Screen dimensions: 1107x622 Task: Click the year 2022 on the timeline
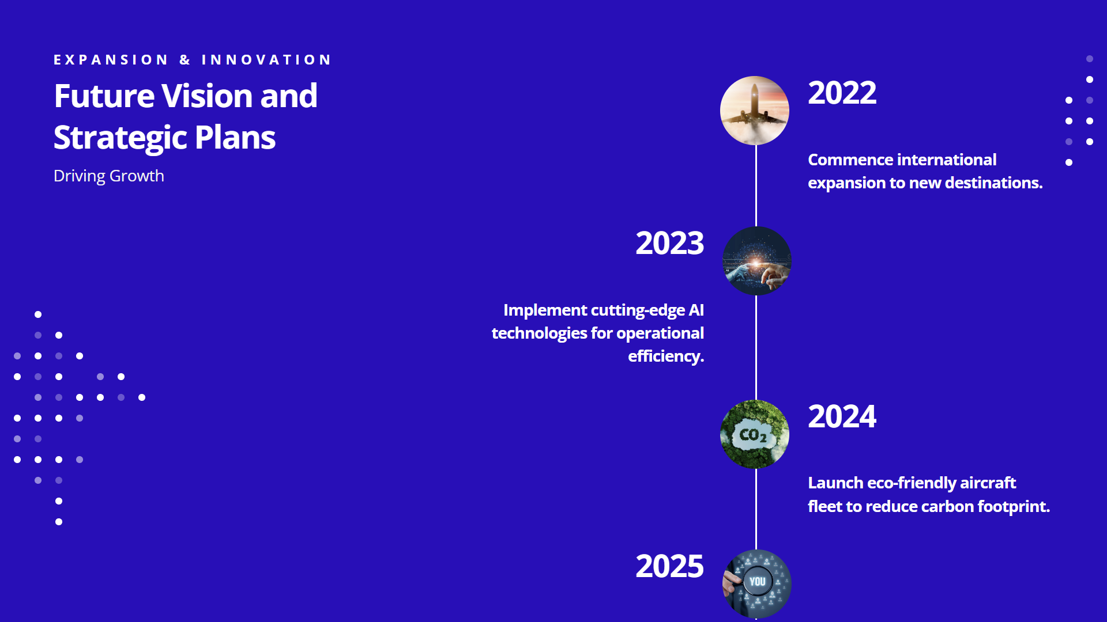click(x=842, y=93)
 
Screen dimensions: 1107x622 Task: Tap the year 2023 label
click(x=669, y=243)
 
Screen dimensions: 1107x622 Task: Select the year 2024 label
click(x=842, y=416)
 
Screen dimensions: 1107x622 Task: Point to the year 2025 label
click(x=669, y=566)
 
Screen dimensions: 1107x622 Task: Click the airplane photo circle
click(x=755, y=111)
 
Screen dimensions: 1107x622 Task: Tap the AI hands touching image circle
click(x=756, y=261)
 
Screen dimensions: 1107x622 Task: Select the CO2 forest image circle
click(x=755, y=434)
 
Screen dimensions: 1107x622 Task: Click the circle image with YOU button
click(x=756, y=584)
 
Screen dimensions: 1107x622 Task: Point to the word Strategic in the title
click(x=120, y=138)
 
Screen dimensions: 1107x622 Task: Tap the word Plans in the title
click(x=235, y=138)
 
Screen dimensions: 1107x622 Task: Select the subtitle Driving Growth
click(x=109, y=176)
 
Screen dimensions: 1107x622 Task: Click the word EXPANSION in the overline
click(x=111, y=60)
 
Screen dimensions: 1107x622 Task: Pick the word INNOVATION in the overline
click(x=266, y=60)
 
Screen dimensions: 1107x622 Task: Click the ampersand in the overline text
click(x=184, y=60)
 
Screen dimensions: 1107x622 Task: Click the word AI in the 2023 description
click(x=696, y=310)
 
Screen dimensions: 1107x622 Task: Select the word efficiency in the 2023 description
click(x=666, y=357)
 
